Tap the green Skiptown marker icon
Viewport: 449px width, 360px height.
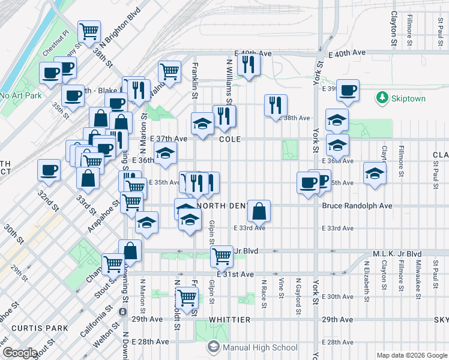[x=382, y=97]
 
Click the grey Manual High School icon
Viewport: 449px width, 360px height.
[x=213, y=347]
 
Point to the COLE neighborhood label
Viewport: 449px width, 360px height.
[x=230, y=139]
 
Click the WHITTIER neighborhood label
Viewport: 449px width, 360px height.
[x=229, y=320]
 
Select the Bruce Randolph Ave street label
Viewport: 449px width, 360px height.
[x=357, y=206]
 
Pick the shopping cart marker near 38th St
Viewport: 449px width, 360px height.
[x=89, y=31]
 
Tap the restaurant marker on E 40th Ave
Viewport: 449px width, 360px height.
[x=248, y=64]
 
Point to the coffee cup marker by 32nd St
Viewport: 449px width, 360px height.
[x=49, y=170]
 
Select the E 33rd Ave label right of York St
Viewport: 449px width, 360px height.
[x=337, y=229]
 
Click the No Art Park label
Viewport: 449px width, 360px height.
[x=20, y=95]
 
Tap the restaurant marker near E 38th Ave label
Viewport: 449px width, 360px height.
[x=276, y=105]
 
